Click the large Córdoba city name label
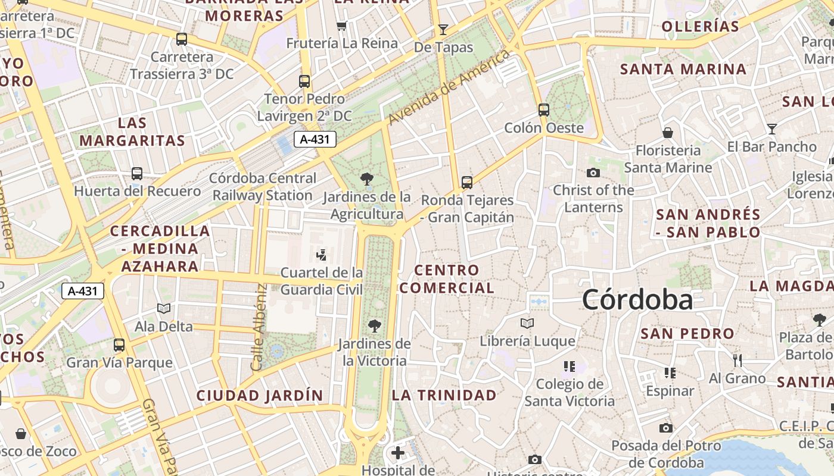[x=637, y=299]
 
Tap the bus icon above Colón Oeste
[x=543, y=109]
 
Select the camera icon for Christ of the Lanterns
[x=593, y=173]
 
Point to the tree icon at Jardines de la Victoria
[x=374, y=325]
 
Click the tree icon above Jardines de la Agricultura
[x=366, y=178]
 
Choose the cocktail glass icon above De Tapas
[x=443, y=29]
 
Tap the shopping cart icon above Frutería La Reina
[x=341, y=26]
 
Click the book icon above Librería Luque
[x=527, y=323]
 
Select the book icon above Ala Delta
[x=164, y=308]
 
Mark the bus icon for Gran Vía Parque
[x=119, y=345]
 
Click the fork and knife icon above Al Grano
[x=737, y=359]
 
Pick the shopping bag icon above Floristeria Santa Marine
[x=668, y=132]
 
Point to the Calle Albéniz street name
[x=260, y=327]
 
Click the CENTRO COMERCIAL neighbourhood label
[x=447, y=279]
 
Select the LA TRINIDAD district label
[x=444, y=395]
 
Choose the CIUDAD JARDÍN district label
[x=260, y=395]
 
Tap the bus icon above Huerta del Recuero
[x=137, y=174]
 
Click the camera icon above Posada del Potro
[x=666, y=428]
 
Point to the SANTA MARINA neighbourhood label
[x=683, y=69]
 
